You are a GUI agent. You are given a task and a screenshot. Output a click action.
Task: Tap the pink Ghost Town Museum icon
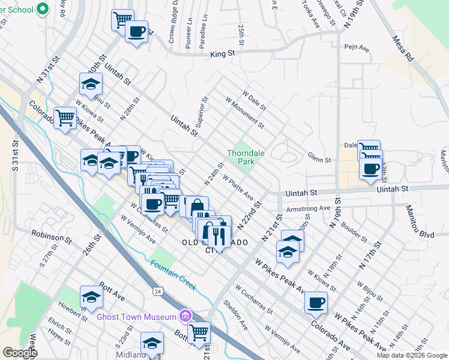[x=186, y=316]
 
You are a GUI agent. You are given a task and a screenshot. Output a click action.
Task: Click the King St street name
[x=222, y=54]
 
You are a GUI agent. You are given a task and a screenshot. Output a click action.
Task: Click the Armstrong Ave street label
[x=309, y=209]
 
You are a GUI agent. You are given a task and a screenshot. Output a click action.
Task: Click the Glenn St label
[x=319, y=160]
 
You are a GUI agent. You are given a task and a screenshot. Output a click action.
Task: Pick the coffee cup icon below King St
[x=136, y=31]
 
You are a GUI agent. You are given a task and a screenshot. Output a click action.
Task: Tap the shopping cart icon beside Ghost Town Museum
[x=199, y=331]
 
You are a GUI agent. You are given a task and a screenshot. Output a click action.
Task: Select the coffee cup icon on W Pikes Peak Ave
[x=316, y=303]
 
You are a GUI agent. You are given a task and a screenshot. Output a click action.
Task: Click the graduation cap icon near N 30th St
[x=91, y=84]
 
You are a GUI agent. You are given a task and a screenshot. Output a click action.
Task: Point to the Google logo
[x=20, y=353]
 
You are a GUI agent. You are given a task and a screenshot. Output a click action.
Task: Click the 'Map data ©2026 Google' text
[x=411, y=355]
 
